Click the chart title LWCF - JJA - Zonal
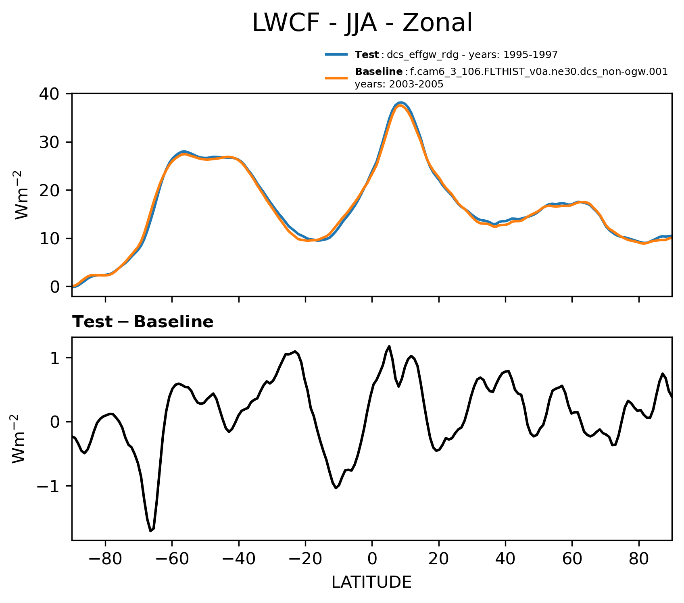(362, 23)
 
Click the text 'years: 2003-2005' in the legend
(399, 84)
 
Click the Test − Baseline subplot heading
(143, 322)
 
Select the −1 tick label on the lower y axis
(49, 486)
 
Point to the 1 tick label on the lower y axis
(56, 358)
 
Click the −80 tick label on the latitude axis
(105, 559)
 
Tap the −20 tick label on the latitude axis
(305, 559)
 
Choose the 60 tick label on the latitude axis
(572, 559)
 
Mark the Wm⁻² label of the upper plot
(23, 195)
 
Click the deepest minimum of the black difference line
(150, 531)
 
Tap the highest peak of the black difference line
(389, 346)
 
